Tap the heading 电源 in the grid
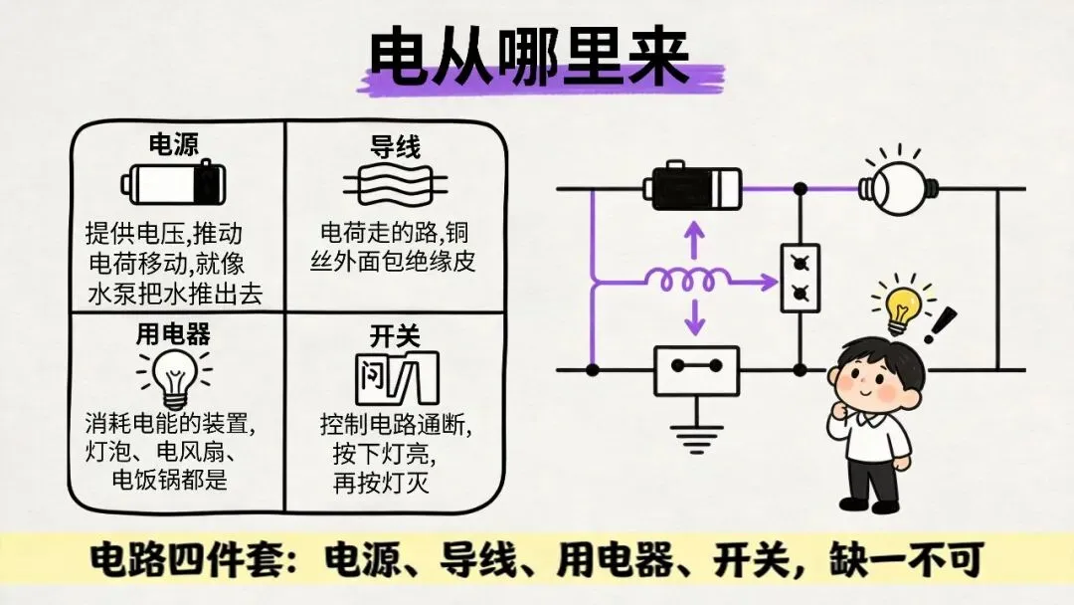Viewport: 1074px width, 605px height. point(174,144)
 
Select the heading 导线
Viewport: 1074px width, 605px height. point(395,146)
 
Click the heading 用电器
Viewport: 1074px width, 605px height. point(173,333)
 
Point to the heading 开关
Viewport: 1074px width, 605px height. point(395,335)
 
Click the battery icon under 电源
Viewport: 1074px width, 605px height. point(174,182)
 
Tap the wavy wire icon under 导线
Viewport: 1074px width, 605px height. point(395,185)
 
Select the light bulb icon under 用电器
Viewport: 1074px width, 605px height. point(175,379)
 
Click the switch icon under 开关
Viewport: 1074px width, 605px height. point(397,378)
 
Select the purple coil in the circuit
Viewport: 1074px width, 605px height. point(688,280)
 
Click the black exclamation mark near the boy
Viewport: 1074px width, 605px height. point(939,324)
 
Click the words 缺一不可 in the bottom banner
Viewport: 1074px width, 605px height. point(907,560)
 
